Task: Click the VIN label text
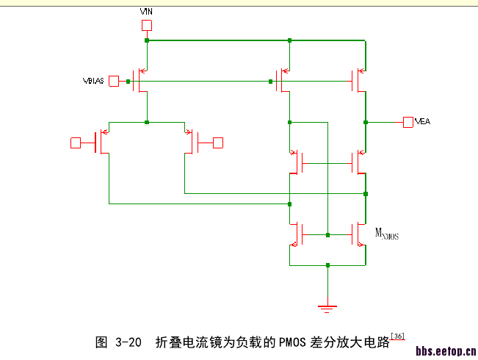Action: click(146, 12)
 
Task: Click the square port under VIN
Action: click(147, 26)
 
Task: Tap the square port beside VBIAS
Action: click(114, 81)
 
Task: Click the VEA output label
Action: click(422, 121)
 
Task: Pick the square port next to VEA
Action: click(408, 121)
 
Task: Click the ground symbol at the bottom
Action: click(328, 305)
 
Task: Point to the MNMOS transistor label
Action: click(387, 234)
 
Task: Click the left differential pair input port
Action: click(75, 142)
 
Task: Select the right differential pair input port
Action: click(217, 142)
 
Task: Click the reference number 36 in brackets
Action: click(397, 336)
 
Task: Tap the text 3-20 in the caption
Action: click(128, 343)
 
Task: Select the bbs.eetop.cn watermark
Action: click(446, 352)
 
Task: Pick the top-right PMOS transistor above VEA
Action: click(359, 81)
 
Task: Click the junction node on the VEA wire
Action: click(365, 121)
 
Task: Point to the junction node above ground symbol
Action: click(328, 264)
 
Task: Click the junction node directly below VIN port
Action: click(147, 40)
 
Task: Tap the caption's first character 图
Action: click(102, 343)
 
